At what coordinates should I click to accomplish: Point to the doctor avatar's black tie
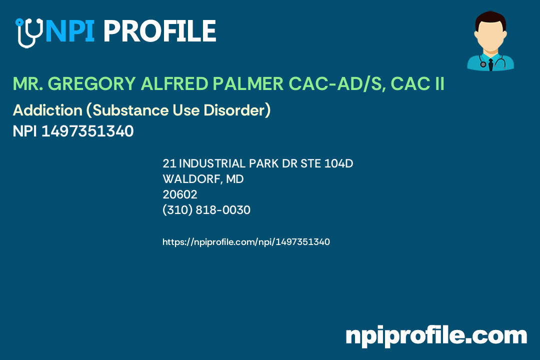click(490, 63)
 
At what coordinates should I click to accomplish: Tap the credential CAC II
click(417, 84)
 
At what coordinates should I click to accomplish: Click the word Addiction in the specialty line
click(40, 110)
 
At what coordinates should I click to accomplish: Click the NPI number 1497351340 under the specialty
click(87, 131)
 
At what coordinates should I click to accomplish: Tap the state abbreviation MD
click(235, 179)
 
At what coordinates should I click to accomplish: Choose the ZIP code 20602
click(180, 194)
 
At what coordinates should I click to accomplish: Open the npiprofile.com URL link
click(246, 242)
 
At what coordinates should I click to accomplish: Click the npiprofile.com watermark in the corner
click(436, 335)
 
